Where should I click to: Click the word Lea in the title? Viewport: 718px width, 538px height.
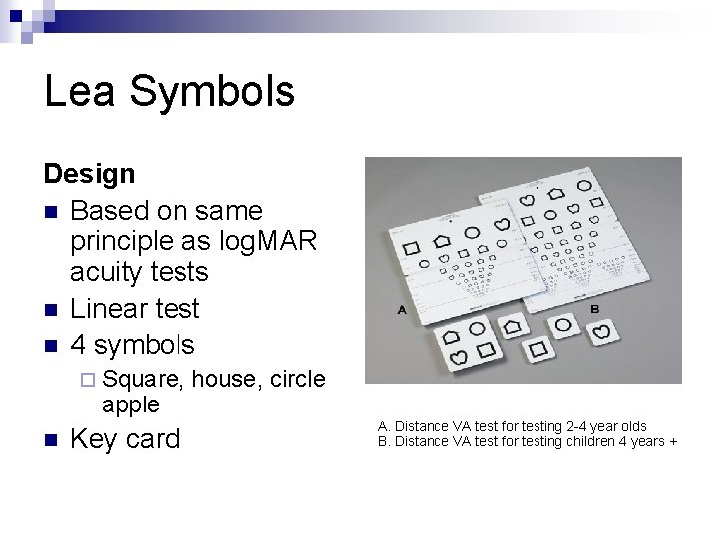pos(81,91)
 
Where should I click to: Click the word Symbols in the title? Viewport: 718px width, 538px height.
pos(212,91)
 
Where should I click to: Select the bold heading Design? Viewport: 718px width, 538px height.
pos(89,174)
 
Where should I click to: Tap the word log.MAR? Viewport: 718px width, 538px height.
pos(270,240)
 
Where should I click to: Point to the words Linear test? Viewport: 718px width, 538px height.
pos(136,308)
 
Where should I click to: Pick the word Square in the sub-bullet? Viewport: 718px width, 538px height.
pos(141,379)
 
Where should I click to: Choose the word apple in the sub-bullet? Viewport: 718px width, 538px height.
pos(130,403)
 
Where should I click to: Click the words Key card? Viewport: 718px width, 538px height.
pos(125,439)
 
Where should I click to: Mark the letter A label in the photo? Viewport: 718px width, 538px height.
pos(402,310)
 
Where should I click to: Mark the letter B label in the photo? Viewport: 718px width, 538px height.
pos(594,309)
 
